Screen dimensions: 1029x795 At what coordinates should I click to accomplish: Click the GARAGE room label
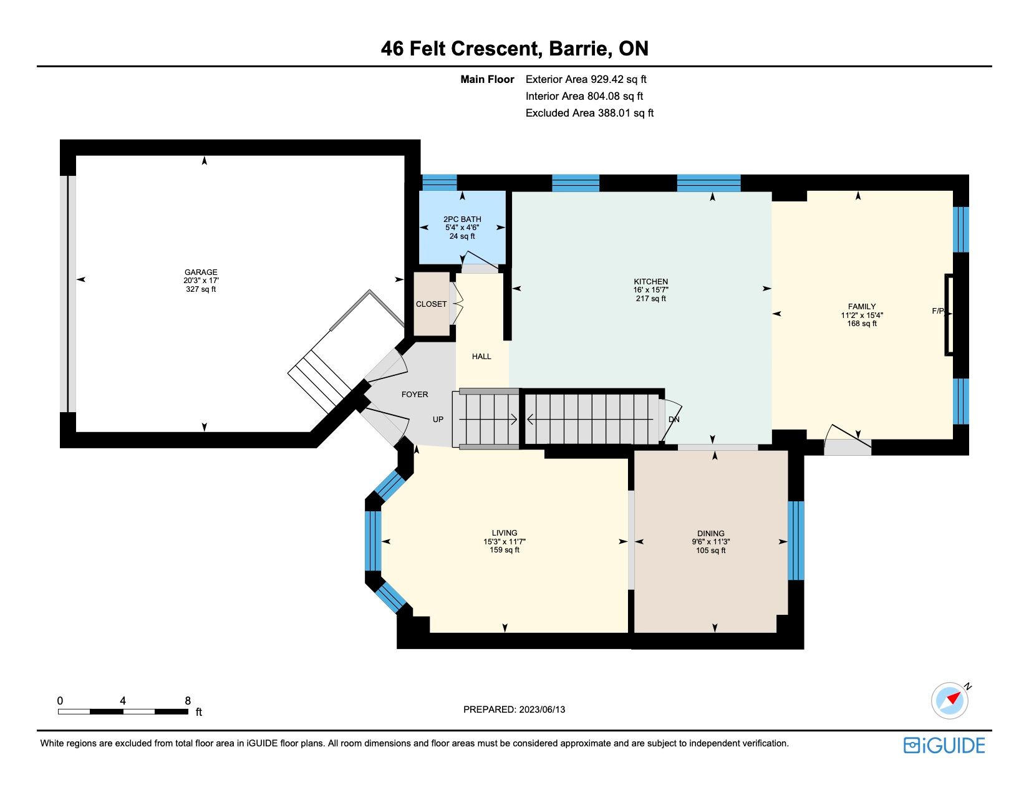[201, 272]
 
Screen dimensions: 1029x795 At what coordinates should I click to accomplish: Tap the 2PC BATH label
[462, 219]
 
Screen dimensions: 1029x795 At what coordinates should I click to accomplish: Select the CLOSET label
[431, 304]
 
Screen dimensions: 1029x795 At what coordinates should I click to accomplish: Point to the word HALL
[481, 357]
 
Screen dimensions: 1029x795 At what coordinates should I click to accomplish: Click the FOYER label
[415, 395]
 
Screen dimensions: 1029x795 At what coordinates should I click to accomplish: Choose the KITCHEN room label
[650, 282]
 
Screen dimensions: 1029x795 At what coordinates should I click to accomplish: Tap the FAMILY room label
[862, 307]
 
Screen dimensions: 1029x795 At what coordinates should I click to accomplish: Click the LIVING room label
[505, 533]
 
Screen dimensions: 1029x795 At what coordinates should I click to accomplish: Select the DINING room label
[711, 534]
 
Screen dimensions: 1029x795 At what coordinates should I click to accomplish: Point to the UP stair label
[438, 420]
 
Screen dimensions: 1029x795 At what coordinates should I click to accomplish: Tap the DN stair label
[674, 420]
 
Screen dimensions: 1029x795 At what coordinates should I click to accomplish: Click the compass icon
[949, 701]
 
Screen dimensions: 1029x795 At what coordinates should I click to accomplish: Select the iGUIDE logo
[944, 745]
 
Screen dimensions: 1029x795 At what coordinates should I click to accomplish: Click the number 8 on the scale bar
[188, 701]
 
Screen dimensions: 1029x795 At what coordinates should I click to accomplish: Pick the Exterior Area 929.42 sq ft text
[586, 80]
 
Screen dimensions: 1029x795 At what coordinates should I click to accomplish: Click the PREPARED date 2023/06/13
[542, 710]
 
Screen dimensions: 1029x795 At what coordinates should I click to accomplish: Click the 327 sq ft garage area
[201, 289]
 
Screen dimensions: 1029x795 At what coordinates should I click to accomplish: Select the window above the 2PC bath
[440, 183]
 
